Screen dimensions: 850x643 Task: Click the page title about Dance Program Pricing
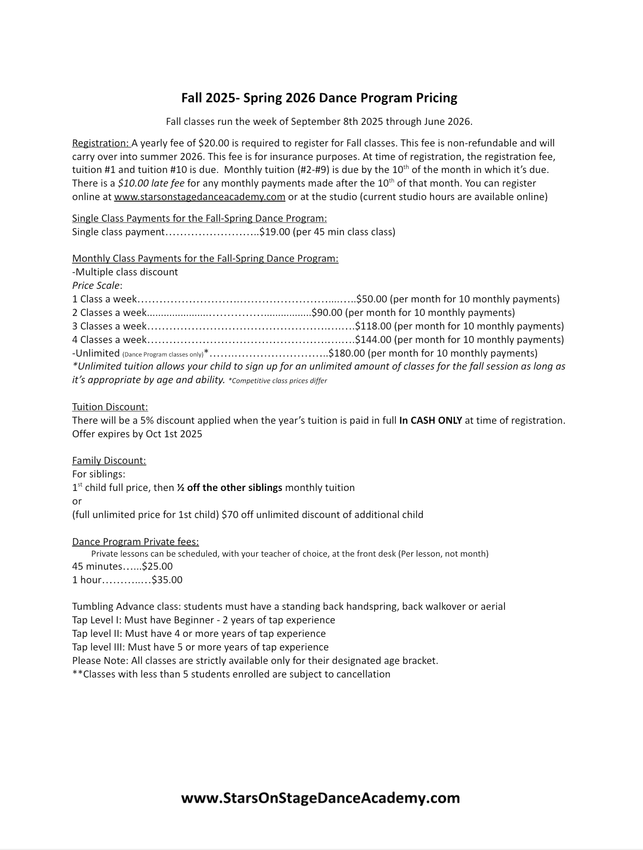click(319, 98)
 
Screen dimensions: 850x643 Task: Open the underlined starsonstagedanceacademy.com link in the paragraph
click(200, 197)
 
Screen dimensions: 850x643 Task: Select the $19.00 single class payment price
click(274, 232)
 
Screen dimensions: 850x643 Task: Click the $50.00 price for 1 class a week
click(371, 299)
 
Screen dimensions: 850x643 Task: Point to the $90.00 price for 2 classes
click(327, 313)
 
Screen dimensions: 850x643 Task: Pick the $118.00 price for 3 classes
click(373, 326)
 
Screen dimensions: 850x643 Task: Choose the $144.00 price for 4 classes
click(373, 340)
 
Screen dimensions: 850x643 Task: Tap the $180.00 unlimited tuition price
click(347, 353)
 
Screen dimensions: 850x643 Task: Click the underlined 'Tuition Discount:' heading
click(110, 407)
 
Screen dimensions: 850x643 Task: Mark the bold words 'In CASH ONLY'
click(430, 421)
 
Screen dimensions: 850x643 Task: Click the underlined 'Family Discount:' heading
click(109, 461)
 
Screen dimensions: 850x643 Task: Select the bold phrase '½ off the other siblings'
click(229, 488)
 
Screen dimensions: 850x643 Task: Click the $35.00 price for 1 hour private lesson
click(167, 580)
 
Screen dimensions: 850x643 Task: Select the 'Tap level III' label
click(97, 647)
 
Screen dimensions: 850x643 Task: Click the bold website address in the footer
click(320, 798)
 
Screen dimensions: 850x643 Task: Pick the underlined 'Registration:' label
click(100, 143)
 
